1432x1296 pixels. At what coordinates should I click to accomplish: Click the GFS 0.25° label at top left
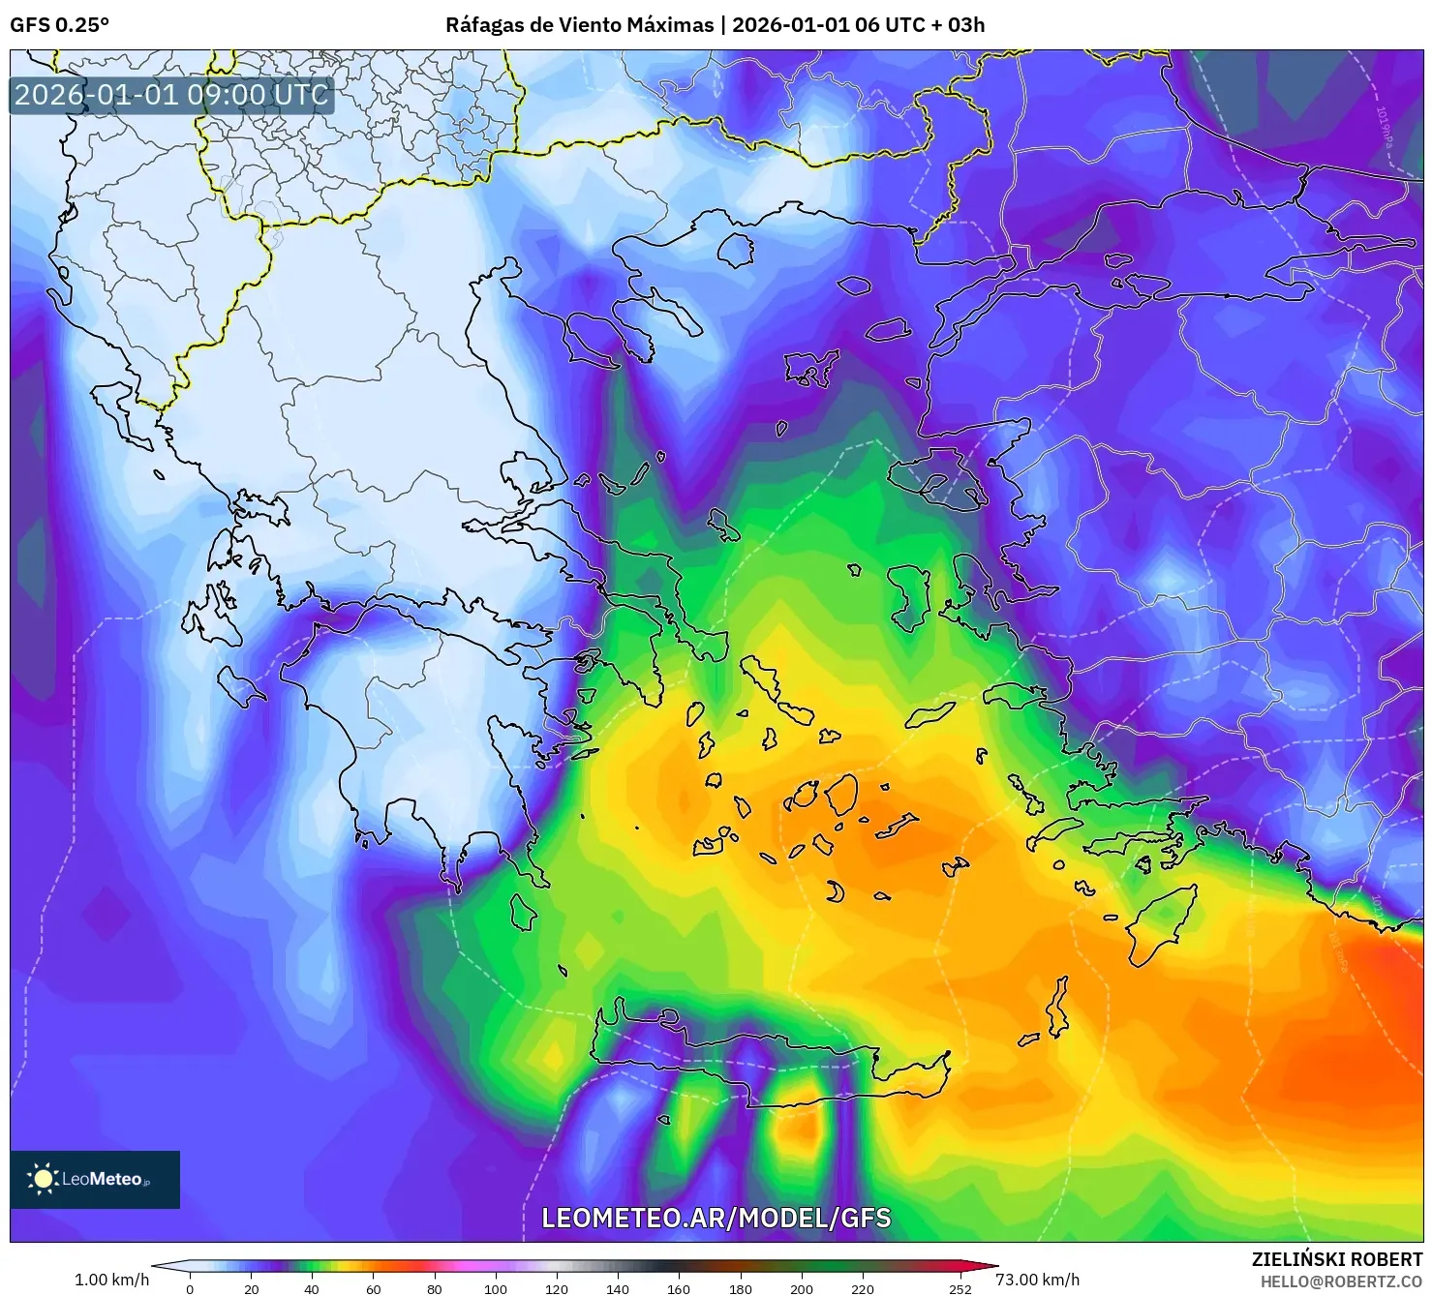[59, 25]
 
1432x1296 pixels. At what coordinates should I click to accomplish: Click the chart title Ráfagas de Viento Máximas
[579, 25]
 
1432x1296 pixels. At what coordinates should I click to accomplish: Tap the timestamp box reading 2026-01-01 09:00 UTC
[171, 95]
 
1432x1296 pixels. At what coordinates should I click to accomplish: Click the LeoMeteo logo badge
[95, 1179]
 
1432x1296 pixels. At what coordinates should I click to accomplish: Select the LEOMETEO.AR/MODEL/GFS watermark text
[716, 1218]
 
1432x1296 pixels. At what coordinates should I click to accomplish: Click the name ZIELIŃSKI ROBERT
[1337, 1259]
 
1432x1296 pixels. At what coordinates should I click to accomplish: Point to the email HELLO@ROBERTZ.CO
[1341, 1281]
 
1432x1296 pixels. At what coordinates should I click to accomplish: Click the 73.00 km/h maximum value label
[1037, 1280]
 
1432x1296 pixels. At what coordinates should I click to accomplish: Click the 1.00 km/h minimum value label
[112, 1280]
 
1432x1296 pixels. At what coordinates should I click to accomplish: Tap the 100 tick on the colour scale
[496, 1288]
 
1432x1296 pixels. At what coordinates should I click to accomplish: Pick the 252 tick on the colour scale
[960, 1288]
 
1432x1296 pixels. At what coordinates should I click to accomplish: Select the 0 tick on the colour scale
[190, 1288]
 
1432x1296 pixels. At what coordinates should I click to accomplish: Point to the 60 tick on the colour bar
[373, 1288]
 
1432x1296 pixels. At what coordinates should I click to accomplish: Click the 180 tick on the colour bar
[740, 1288]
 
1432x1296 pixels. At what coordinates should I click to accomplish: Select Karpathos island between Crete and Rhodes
[1058, 1007]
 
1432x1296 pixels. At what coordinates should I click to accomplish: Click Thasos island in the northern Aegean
[736, 251]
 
